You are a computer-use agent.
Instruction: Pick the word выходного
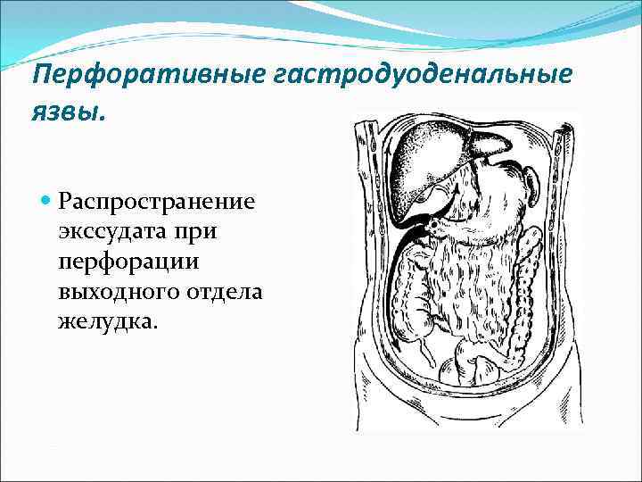pos(114,290)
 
